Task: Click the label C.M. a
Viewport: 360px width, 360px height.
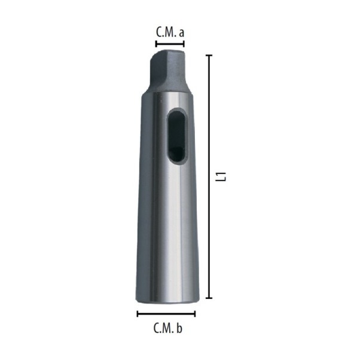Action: click(170, 32)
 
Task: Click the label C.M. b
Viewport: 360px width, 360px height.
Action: click(168, 328)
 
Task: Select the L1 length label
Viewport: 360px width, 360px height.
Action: click(221, 176)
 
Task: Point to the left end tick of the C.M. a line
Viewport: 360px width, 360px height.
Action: click(156, 44)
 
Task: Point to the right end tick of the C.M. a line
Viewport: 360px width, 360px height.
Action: click(184, 44)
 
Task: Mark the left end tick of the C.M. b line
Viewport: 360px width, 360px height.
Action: click(138, 313)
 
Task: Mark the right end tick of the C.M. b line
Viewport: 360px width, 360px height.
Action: click(195, 313)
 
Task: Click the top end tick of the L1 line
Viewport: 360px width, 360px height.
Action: click(209, 56)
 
